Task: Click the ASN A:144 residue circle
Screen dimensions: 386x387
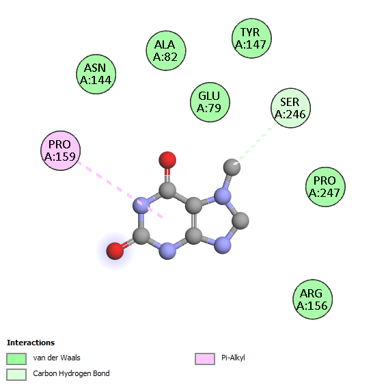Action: (x=96, y=74)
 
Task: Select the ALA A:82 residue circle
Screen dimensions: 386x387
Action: (x=166, y=51)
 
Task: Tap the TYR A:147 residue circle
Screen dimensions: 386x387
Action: (x=251, y=38)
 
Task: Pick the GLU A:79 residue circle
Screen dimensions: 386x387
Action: (x=210, y=102)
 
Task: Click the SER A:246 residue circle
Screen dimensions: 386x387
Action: (x=290, y=108)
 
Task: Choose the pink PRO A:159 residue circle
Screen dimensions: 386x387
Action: (x=60, y=150)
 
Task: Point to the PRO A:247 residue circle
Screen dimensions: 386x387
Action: (x=325, y=187)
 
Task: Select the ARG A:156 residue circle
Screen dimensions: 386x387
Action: (x=313, y=299)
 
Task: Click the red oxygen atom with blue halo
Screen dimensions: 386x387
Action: (x=115, y=251)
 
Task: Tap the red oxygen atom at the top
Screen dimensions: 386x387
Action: (x=167, y=160)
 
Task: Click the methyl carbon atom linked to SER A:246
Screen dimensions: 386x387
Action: (x=232, y=168)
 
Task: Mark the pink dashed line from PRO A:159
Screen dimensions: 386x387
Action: (x=120, y=190)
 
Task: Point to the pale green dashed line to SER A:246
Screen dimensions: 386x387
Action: (x=256, y=143)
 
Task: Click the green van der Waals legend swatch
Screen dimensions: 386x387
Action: (x=16, y=358)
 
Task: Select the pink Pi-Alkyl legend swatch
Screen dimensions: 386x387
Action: (x=205, y=358)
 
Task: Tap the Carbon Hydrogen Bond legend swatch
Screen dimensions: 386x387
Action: (x=16, y=375)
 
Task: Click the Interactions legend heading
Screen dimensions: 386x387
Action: (x=31, y=343)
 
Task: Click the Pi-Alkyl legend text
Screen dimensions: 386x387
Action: (x=233, y=358)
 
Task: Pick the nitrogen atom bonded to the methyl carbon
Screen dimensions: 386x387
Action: (x=223, y=196)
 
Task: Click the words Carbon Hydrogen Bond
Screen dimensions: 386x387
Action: (x=71, y=374)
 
